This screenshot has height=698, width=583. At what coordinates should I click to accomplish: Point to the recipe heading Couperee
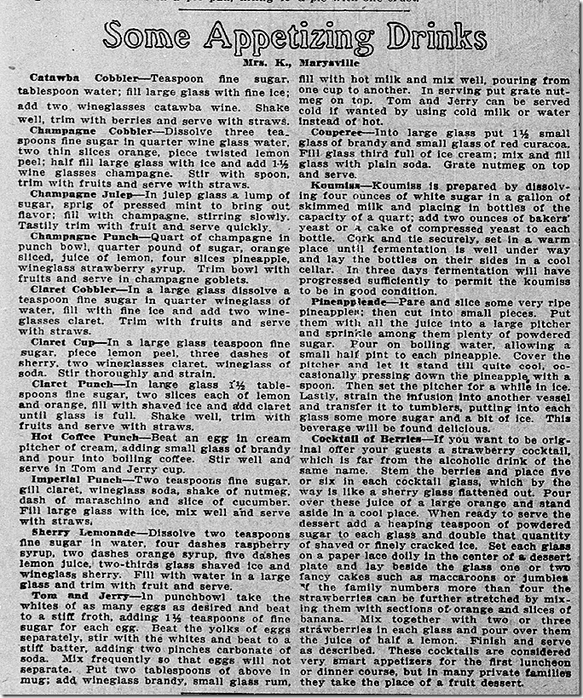coord(339,129)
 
